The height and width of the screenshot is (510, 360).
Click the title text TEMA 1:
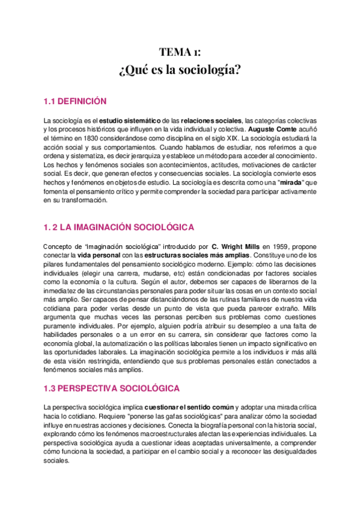tap(180, 51)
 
